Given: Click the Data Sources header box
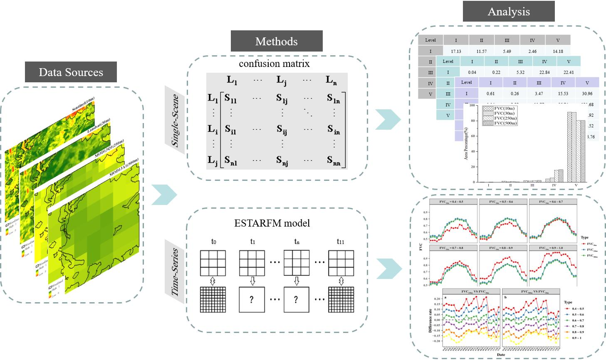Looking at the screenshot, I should [x=71, y=72].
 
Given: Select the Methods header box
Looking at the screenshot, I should [x=276, y=41].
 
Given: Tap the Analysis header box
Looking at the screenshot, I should [x=508, y=11].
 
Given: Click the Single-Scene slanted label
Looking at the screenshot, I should [x=175, y=121].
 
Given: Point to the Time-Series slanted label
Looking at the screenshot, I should [x=175, y=272].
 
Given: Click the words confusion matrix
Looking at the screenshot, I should [x=274, y=64].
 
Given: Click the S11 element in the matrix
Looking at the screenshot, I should [x=230, y=99].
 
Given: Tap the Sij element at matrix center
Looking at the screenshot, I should [x=282, y=130].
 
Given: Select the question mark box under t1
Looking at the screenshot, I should [x=251, y=300].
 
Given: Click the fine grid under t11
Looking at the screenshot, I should [x=341, y=300].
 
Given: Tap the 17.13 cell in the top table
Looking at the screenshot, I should [x=456, y=52].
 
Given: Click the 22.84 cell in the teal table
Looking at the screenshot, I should [x=544, y=72].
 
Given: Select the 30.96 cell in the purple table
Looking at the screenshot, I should [x=587, y=94].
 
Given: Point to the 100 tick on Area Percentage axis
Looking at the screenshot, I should [x=472, y=106].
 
